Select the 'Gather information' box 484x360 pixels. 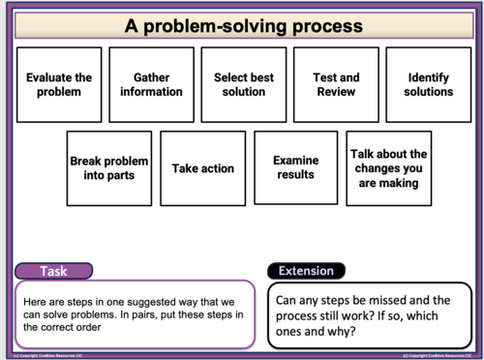click(x=145, y=84)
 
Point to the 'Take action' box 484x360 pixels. click(x=203, y=168)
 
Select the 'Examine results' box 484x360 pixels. click(x=294, y=168)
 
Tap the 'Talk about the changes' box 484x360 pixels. click(x=388, y=168)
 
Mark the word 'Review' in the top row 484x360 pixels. click(x=336, y=92)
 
